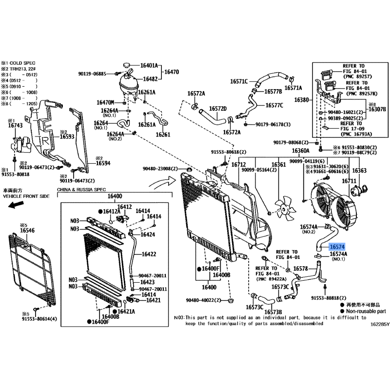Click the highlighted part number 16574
click(x=337, y=248)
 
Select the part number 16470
click(x=171, y=72)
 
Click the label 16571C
click(x=239, y=81)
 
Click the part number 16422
click(x=149, y=254)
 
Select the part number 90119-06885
click(x=92, y=74)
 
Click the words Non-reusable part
click(x=366, y=311)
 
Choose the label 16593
click(x=67, y=137)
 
